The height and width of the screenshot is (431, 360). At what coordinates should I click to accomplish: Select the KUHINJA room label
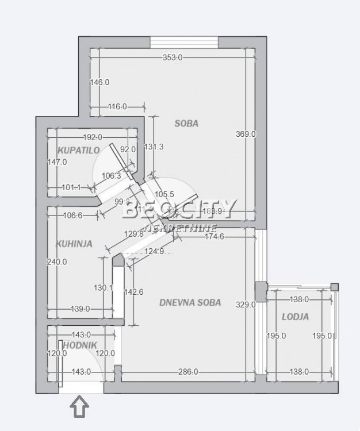click(x=74, y=244)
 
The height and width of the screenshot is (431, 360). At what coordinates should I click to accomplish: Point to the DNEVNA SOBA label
click(x=190, y=303)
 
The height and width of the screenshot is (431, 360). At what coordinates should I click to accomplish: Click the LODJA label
click(x=295, y=317)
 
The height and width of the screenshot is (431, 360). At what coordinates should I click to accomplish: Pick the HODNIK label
click(x=76, y=344)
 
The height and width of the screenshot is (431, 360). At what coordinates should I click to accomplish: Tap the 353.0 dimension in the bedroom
click(x=172, y=57)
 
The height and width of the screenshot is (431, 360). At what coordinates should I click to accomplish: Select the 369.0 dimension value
click(x=246, y=134)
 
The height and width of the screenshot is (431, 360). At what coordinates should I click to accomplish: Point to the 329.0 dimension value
click(x=246, y=305)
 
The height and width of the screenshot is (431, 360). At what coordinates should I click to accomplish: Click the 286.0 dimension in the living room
click(x=187, y=372)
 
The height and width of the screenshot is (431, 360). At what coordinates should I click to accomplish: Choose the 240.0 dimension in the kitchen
click(x=57, y=261)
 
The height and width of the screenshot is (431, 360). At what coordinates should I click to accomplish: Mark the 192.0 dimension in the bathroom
click(x=92, y=137)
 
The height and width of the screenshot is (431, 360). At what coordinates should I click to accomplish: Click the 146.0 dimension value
click(x=99, y=82)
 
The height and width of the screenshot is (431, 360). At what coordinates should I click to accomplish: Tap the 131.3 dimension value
click(x=154, y=147)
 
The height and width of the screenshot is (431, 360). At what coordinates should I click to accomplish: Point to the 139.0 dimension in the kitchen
click(x=79, y=309)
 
